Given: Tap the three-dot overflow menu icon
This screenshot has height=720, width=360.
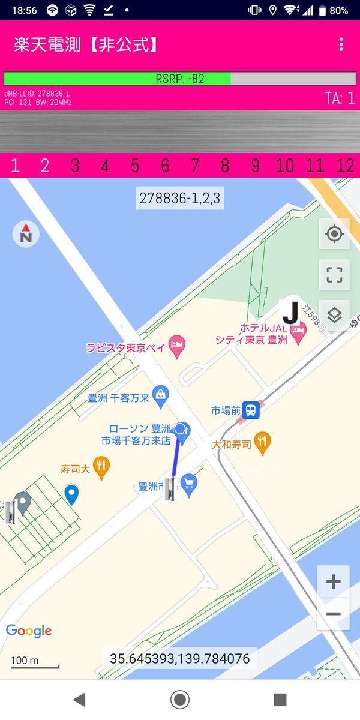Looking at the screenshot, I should (341, 44).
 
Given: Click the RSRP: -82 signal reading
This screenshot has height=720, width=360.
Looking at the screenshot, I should (180, 79).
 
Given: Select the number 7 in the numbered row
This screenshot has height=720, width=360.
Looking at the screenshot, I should (195, 166).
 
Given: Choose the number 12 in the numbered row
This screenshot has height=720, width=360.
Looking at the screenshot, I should (345, 166).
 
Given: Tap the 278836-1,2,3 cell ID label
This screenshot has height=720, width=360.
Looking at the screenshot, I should (180, 198).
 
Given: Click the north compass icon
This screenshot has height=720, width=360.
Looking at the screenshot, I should (26, 234).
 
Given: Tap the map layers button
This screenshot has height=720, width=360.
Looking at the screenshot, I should (334, 315).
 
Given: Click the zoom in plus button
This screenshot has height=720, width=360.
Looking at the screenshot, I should (333, 581).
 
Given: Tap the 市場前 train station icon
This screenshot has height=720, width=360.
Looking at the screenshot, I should (251, 410).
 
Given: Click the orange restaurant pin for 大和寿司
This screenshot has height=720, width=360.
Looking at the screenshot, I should (262, 443).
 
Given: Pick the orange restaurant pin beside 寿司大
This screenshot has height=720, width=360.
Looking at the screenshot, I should (101, 467).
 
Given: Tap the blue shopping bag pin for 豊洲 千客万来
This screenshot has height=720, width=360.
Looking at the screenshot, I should (160, 395).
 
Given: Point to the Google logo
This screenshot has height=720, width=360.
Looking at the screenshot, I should (29, 631).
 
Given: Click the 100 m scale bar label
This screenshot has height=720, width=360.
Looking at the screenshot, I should (25, 661).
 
